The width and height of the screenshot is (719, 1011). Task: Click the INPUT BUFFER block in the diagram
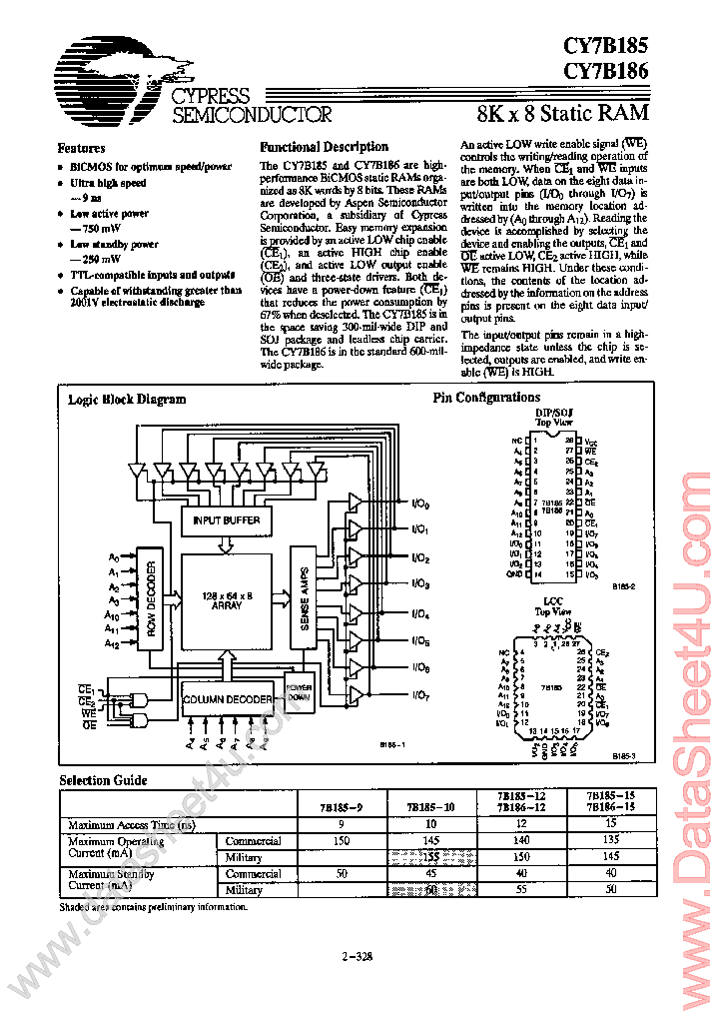227,520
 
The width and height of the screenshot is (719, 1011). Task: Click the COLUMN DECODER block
228,699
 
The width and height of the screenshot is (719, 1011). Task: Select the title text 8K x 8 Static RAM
563,112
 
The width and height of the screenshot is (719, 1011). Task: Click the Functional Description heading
324,147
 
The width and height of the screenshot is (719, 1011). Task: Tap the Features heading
81,148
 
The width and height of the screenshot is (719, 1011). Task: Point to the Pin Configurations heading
486,398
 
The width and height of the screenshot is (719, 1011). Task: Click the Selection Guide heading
103,780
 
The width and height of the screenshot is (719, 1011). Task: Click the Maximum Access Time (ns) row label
128,825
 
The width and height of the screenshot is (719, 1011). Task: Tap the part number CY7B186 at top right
605,71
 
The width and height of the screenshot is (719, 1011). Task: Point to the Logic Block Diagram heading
127,399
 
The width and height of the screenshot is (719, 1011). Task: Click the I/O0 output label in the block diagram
420,504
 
